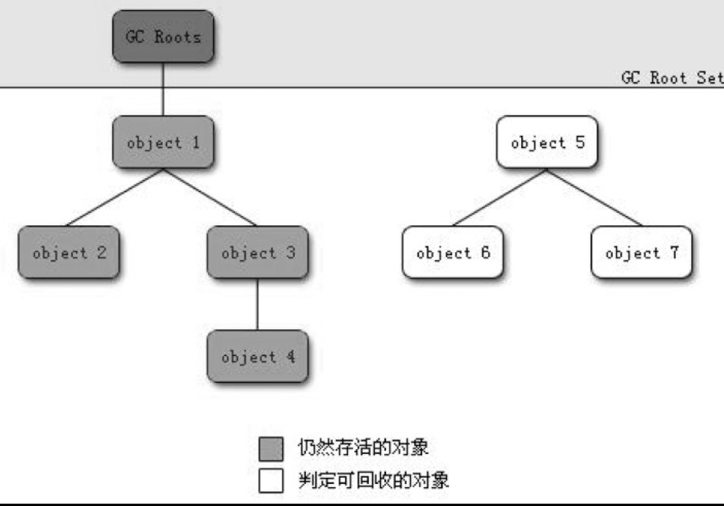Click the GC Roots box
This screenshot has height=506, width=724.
pos(163,36)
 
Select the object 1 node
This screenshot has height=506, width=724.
pos(163,142)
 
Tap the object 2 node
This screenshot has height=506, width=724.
pos(68,252)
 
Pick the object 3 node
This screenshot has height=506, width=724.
pos(258,252)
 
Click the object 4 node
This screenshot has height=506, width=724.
pos(258,357)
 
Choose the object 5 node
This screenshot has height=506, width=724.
pos(547,142)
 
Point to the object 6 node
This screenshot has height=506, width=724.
pos(452,252)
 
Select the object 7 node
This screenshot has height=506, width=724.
pos(641,252)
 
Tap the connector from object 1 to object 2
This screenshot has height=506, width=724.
pos(114,197)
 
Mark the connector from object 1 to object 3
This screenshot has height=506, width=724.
pos(210,197)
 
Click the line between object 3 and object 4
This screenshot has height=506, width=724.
pos(258,305)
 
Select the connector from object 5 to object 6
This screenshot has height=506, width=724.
pos(499,197)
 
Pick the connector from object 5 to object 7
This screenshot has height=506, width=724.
pos(594,197)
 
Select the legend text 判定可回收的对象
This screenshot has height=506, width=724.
pos(373,480)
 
